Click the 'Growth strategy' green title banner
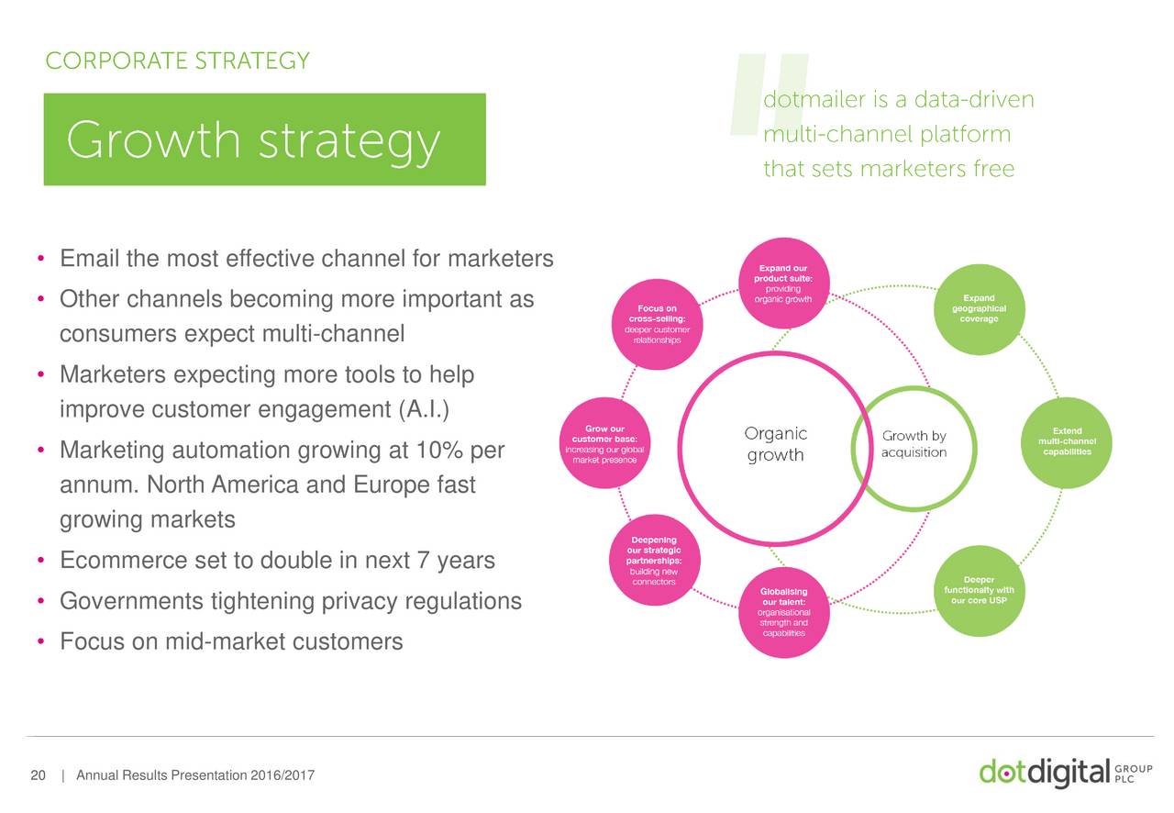click(265, 139)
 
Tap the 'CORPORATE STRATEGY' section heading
click(178, 61)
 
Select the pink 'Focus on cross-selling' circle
click(658, 324)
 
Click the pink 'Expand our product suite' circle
click(783, 284)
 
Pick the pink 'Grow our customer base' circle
click(604, 443)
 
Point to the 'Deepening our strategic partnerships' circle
click(654, 560)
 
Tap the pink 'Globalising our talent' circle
click(783, 612)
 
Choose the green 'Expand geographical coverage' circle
click(979, 309)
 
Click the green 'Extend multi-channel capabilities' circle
click(1067, 442)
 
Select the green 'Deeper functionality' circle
click(979, 591)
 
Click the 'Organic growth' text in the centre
click(775, 444)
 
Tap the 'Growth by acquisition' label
click(914, 444)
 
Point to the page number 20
click(39, 775)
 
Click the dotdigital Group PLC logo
click(1066, 773)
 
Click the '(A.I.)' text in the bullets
click(424, 409)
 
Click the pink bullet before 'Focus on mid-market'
click(41, 641)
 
